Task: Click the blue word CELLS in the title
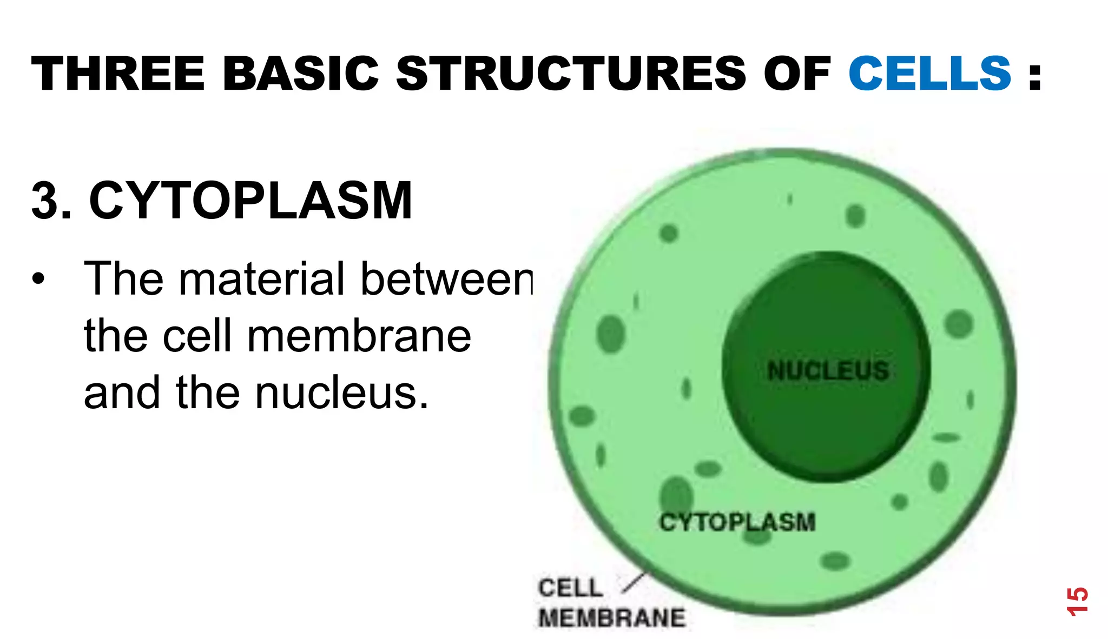tap(929, 74)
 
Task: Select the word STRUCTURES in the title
tap(571, 74)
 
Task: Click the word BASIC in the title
tap(300, 74)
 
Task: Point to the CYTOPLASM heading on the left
tap(250, 201)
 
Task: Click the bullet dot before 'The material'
tap(38, 279)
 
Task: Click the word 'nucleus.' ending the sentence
tap(342, 393)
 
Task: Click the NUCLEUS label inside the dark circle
tap(828, 371)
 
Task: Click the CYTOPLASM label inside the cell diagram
tap(737, 522)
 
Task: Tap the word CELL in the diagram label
tap(570, 588)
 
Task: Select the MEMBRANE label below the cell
tap(612, 618)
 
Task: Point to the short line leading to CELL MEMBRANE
tap(634, 583)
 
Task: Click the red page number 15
tap(1077, 601)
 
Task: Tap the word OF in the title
tap(796, 74)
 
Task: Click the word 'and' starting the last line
tap(122, 393)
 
